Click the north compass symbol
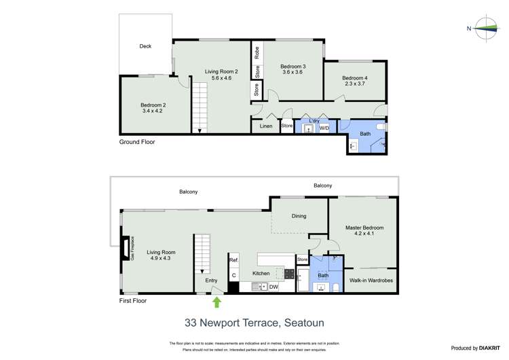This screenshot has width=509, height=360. pos(487,28)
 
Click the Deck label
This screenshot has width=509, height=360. pos(145,46)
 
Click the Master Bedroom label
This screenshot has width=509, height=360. pos(364,232)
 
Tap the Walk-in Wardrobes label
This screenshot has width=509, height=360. pos(371,280)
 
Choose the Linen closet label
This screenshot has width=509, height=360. pos(266,126)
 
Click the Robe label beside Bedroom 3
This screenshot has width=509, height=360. pos(257,51)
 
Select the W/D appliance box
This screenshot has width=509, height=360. pos(324,127)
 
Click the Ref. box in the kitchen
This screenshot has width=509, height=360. pos(233,260)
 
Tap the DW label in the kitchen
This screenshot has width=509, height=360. pos(274,287)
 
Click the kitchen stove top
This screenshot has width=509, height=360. pos(288,274)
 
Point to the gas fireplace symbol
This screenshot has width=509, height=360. pos(125,249)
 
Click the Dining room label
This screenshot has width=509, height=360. pos(299,216)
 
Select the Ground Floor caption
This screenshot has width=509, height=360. pos(137,142)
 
